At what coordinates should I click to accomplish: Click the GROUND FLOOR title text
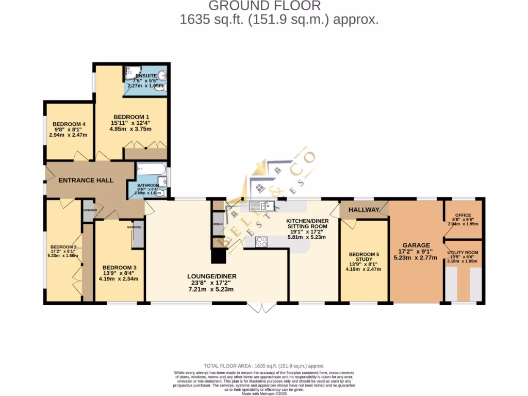pyautogui.click(x=264, y=6)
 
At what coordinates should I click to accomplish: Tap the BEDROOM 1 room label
pyautogui.click(x=131, y=117)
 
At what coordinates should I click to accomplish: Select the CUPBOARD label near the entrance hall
pyautogui.click(x=89, y=210)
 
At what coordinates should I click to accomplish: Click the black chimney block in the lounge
pyautogui.click(x=219, y=256)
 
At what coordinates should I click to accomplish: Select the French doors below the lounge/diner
pyautogui.click(x=261, y=308)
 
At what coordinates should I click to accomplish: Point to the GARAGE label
pyautogui.click(x=416, y=245)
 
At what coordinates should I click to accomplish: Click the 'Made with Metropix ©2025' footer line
pyautogui.click(x=264, y=393)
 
